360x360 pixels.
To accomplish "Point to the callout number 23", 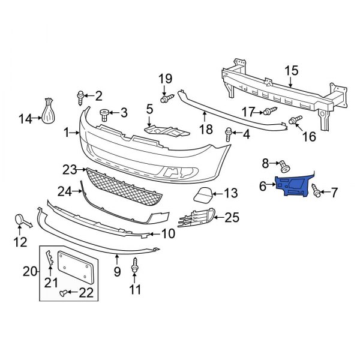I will (70, 170).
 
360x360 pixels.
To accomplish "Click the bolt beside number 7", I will (316, 191).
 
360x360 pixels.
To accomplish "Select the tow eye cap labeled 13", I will (202, 194).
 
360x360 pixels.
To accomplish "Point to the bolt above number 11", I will (136, 263).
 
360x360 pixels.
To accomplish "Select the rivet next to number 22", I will (63, 292).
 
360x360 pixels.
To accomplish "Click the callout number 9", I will (118, 272).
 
